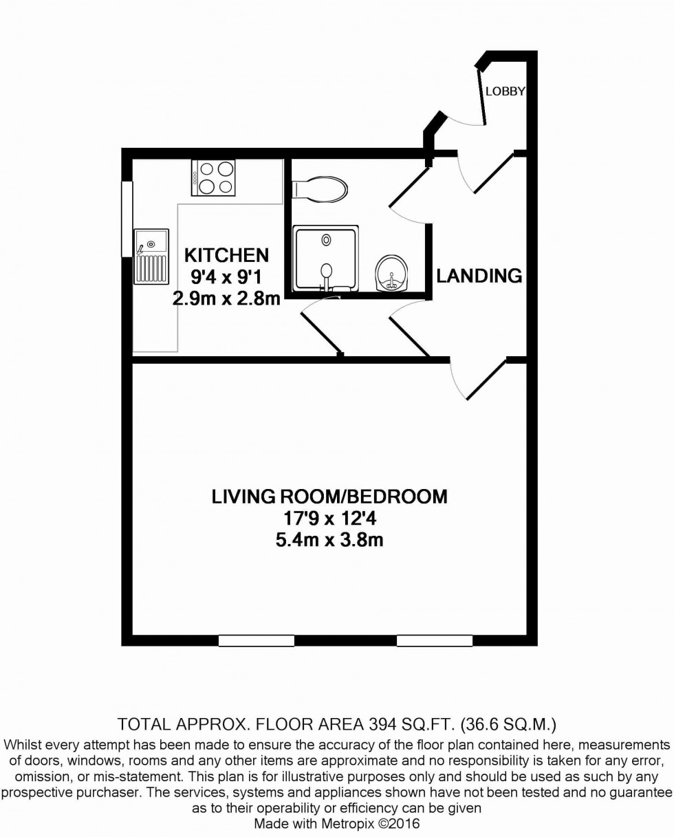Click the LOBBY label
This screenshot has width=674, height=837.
pos(505,91)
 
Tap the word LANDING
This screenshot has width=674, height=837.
pos(479,276)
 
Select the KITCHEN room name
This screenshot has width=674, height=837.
pos(226,255)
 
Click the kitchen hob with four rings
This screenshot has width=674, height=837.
pos(214,177)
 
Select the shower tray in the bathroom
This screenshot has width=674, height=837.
pos(326,258)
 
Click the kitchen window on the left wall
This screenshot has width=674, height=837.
pos(127,219)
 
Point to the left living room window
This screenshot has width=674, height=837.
pos(257,640)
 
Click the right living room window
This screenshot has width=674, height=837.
pos(435,640)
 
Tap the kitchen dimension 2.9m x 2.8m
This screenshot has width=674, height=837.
pos(226,298)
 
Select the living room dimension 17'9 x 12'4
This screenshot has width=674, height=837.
pos(329,518)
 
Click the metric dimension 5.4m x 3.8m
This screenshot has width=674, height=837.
pos(329,540)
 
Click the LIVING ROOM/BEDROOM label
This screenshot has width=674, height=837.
pos(329,496)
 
